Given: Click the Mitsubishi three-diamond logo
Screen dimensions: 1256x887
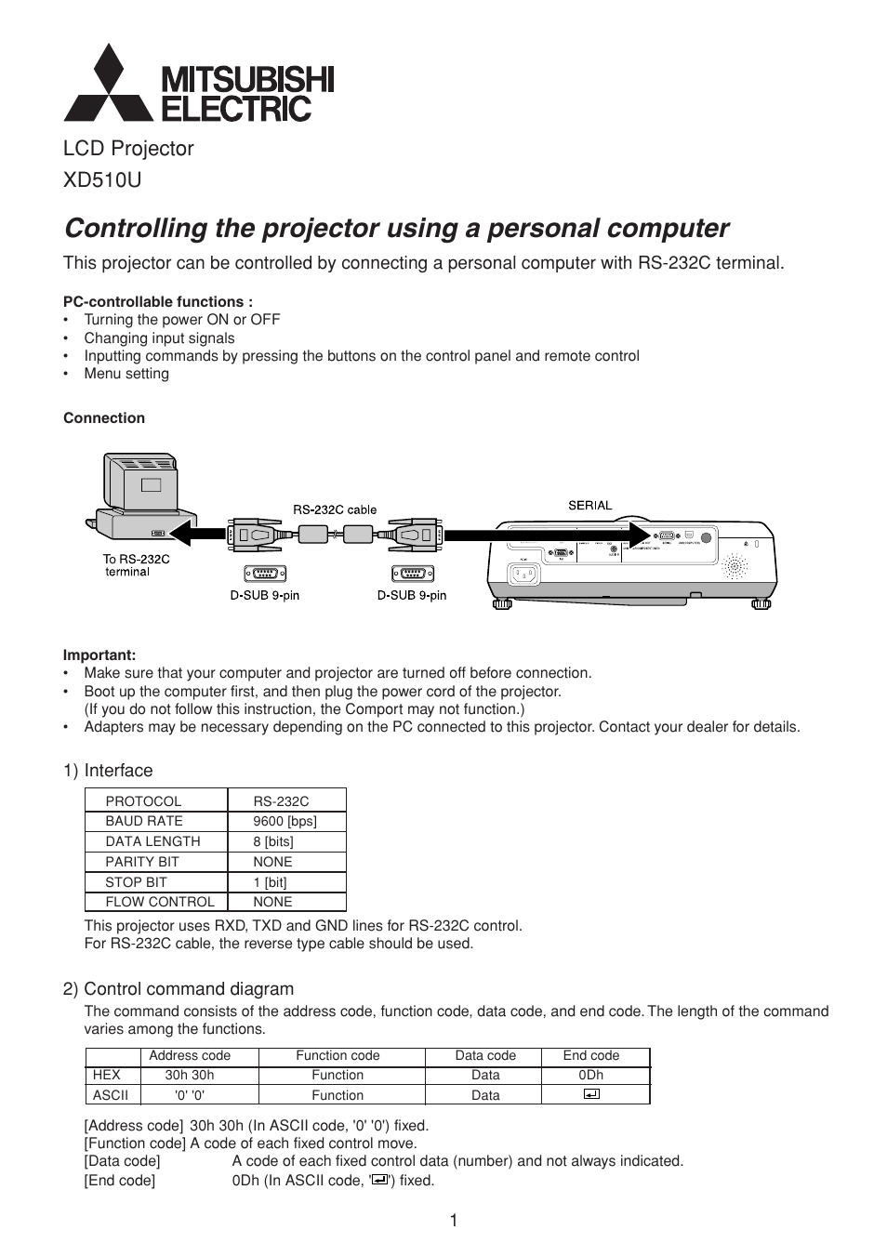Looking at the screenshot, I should (x=108, y=86).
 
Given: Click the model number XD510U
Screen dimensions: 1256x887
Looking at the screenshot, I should (x=102, y=180).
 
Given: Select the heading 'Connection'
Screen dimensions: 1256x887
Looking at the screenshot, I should (x=104, y=418).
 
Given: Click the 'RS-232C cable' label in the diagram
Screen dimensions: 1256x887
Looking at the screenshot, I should (x=335, y=509).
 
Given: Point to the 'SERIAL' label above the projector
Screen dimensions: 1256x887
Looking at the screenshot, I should (x=590, y=506).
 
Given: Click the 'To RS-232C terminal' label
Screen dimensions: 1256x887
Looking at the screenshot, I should (x=136, y=565).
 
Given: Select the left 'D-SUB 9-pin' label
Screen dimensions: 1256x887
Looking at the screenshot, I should (x=264, y=595).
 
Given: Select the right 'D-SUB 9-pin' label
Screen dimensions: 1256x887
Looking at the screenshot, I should (x=412, y=595).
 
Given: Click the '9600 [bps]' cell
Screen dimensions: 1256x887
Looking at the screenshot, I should (x=285, y=821).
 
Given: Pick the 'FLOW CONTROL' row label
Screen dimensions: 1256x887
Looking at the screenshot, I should (x=159, y=902).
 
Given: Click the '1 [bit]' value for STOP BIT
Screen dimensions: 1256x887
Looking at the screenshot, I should (x=270, y=882).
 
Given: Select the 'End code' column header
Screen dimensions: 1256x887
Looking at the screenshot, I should (x=590, y=1055).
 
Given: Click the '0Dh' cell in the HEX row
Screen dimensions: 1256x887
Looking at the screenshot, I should (x=590, y=1075).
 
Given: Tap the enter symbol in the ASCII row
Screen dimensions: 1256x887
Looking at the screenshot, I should (x=591, y=1094).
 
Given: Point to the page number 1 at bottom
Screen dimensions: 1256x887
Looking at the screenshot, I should (x=454, y=1221).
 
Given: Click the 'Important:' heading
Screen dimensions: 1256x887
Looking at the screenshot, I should (x=99, y=655).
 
